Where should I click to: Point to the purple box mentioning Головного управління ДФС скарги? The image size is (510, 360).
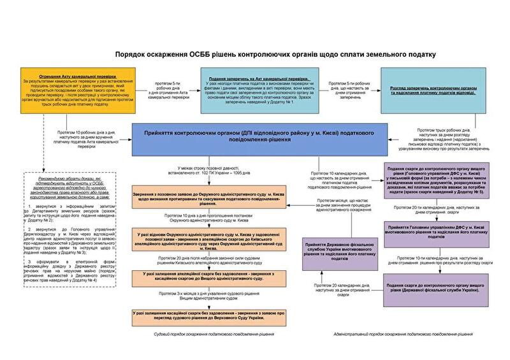point(437,180)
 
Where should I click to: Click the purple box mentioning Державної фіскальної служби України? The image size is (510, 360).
point(437,285)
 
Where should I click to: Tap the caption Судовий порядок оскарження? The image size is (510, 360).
point(214,333)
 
